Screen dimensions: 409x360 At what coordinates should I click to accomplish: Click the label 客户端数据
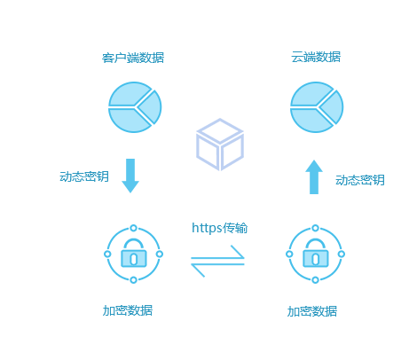133,58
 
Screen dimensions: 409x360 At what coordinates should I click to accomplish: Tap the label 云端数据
316,57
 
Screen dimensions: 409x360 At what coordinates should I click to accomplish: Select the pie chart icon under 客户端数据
135,107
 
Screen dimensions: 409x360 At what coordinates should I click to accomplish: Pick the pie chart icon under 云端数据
317,107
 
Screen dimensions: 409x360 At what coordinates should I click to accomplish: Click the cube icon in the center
220,145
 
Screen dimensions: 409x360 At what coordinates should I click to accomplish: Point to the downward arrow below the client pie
130,176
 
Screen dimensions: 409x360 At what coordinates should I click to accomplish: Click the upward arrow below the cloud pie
314,177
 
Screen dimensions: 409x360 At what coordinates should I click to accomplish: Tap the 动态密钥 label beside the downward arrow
84,176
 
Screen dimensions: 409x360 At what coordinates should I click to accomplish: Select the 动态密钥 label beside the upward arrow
360,180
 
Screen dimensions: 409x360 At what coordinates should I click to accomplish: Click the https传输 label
219,228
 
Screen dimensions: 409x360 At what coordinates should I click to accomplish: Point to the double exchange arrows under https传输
217,261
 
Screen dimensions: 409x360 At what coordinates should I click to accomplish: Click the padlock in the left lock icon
134,253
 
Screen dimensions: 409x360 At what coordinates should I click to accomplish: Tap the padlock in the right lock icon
316,253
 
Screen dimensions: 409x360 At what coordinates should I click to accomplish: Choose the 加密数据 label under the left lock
128,310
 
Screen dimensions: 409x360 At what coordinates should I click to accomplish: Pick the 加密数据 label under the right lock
312,311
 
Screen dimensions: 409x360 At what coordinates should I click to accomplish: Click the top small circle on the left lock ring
134,228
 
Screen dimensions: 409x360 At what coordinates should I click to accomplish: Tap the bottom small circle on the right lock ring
316,279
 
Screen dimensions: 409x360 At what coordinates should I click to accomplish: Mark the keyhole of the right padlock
316,259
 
